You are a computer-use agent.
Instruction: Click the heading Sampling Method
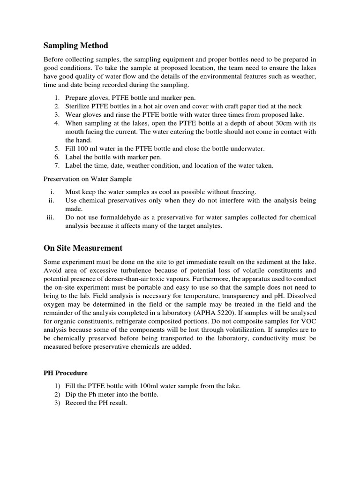coord(76,45)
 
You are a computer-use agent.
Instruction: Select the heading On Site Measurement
coord(83,248)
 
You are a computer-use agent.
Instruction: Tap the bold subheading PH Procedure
coord(66,373)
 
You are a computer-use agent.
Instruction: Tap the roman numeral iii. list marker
coord(50,217)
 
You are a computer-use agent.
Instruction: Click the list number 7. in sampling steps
coord(56,165)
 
